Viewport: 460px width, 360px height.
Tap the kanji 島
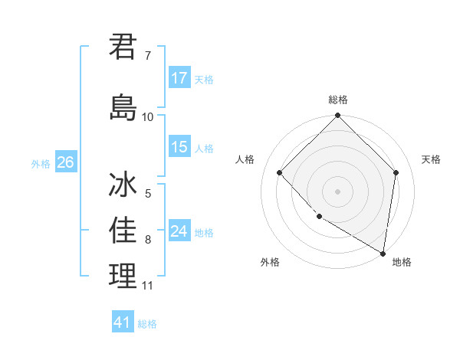[x=123, y=106]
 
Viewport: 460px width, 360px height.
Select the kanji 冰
[x=123, y=186]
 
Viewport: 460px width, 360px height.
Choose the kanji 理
[x=123, y=276]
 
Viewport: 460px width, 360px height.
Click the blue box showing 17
[x=179, y=78]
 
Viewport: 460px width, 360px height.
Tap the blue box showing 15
[x=179, y=147]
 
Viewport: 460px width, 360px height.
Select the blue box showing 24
[x=179, y=231]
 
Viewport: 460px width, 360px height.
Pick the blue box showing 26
[x=64, y=162]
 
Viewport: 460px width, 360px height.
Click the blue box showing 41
[x=123, y=322]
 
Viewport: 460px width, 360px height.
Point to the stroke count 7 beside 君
[x=148, y=56]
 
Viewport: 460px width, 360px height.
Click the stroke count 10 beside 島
[x=148, y=117]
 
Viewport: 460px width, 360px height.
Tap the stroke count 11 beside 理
[x=148, y=286]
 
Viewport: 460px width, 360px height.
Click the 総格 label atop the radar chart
[x=338, y=100]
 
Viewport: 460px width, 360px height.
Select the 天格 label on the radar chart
[x=431, y=159]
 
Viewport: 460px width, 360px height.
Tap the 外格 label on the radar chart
[x=270, y=262]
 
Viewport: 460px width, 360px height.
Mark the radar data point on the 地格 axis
[x=383, y=252]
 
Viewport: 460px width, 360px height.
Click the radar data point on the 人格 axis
[x=280, y=172]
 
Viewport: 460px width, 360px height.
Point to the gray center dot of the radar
[x=338, y=191]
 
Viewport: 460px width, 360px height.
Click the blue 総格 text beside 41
[x=147, y=324]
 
